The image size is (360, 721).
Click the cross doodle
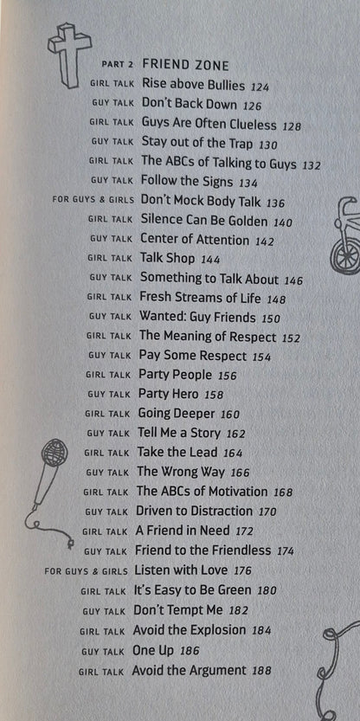[69, 55]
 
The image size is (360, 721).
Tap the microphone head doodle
[55, 452]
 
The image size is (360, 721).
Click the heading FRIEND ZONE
[185, 65]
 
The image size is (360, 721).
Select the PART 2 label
[117, 65]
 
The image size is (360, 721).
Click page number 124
[260, 86]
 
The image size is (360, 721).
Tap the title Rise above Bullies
[194, 84]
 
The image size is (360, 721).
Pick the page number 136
[275, 203]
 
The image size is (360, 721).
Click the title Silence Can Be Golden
[203, 221]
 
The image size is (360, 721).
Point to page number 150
[271, 319]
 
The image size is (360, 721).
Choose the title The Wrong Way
[181, 472]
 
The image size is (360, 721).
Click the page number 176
[243, 571]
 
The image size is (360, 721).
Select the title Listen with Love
[181, 570]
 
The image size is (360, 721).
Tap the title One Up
[153, 650]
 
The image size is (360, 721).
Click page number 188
[261, 671]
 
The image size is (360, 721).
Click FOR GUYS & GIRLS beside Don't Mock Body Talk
[93, 201]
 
